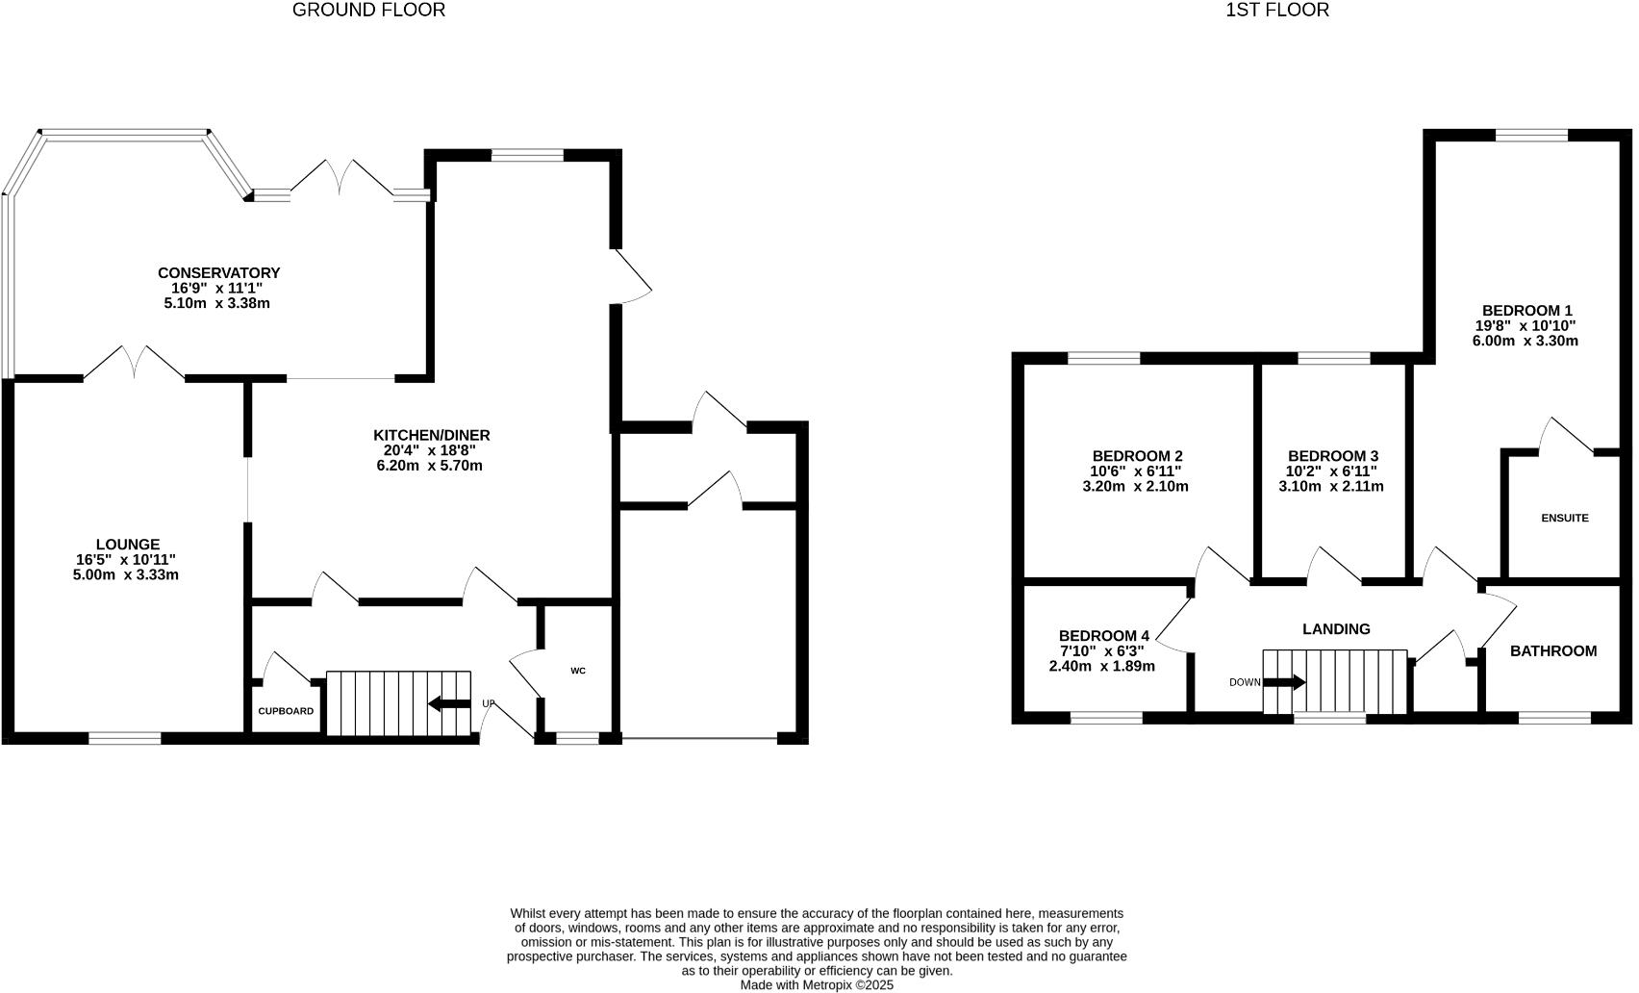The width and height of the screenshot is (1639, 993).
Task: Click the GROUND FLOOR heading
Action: [368, 11]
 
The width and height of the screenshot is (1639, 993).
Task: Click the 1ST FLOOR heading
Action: [1276, 11]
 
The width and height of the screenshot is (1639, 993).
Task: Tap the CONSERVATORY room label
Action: [218, 273]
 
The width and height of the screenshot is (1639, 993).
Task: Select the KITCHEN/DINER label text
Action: [432, 435]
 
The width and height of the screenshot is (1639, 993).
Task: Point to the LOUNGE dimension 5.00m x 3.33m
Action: [128, 575]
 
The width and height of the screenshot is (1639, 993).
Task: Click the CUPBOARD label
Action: [286, 711]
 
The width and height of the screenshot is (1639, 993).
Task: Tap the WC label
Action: [578, 671]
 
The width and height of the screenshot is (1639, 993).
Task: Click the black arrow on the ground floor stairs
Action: [449, 703]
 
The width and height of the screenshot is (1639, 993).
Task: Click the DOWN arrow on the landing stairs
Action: [1284, 682]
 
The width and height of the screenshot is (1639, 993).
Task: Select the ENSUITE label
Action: [1564, 518]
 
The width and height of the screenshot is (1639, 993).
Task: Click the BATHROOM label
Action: [1552, 651]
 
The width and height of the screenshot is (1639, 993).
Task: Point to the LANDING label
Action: [1335, 629]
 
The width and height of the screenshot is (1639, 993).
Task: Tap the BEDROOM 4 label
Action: [1103, 636]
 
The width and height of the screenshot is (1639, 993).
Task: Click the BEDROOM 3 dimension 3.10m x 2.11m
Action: [1331, 487]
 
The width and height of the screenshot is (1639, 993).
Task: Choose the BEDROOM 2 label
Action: [1137, 456]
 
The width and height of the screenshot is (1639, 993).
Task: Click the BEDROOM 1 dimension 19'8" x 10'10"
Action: [1526, 326]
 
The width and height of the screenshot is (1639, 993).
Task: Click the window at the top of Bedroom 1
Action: [1530, 136]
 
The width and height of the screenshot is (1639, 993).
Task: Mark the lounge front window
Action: [125, 738]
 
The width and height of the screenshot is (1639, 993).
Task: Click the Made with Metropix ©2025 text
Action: [817, 985]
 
